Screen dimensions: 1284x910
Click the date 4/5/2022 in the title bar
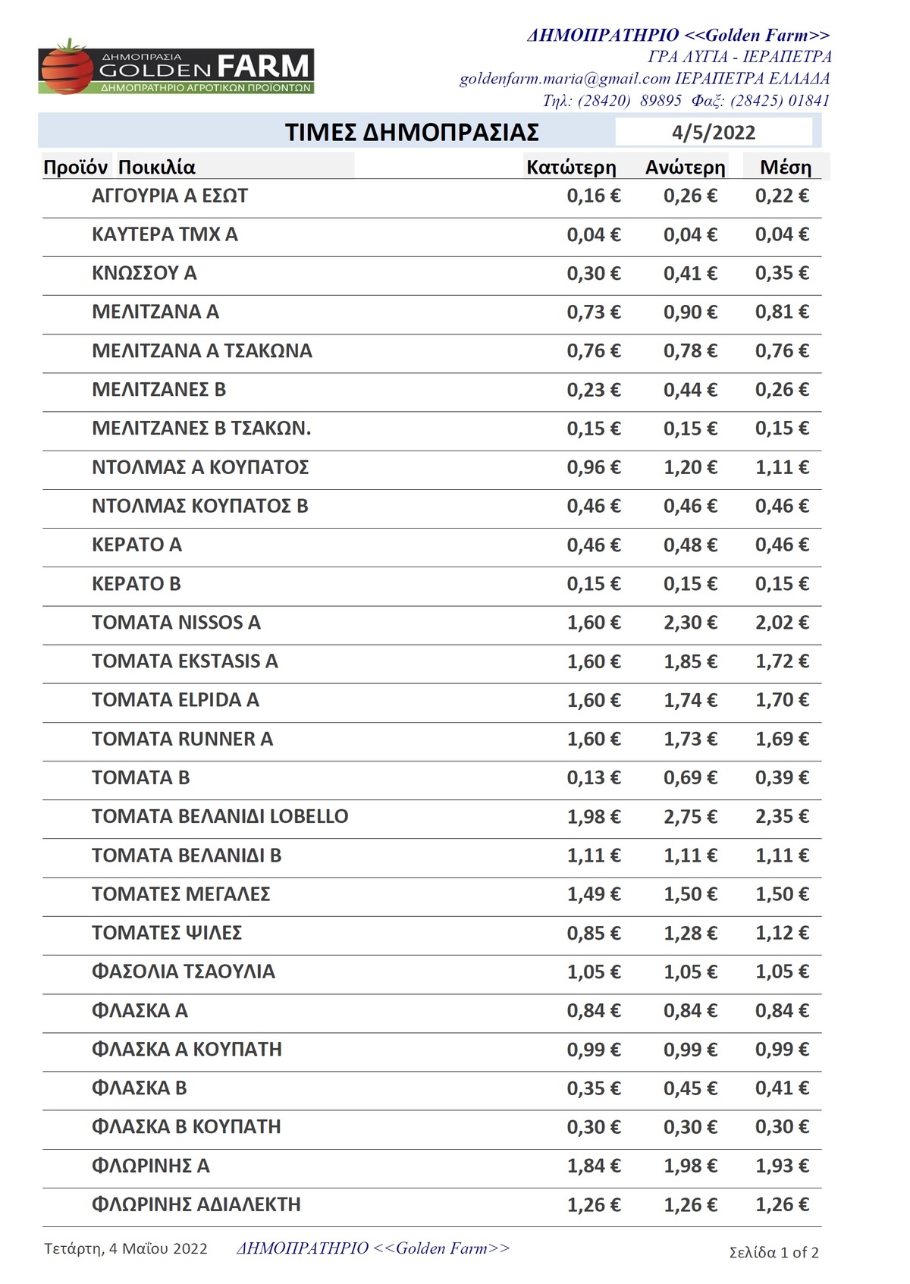click(713, 133)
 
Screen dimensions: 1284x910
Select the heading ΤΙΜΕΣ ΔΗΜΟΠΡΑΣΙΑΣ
click(412, 133)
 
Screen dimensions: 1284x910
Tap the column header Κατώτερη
click(571, 168)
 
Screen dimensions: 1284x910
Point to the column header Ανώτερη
click(685, 168)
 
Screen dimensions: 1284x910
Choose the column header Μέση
click(785, 168)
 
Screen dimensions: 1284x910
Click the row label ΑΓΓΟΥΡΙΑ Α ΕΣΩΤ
click(170, 196)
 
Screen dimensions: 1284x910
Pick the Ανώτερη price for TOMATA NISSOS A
click(690, 623)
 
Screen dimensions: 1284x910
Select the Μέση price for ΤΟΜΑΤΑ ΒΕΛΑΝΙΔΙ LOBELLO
click(782, 817)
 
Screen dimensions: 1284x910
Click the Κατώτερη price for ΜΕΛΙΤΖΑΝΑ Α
click(594, 312)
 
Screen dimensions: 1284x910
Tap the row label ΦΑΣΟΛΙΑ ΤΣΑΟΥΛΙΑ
click(183, 972)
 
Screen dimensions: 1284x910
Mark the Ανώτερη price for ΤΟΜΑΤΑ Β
click(690, 778)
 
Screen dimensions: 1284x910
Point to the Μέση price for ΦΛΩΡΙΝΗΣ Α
click(782, 1166)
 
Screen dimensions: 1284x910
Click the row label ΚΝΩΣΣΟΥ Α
click(144, 274)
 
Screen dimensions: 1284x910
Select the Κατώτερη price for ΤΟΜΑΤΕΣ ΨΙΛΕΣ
click(594, 934)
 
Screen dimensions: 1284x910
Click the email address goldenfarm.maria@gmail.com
click(565, 79)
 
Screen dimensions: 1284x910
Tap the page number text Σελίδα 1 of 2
click(773, 1252)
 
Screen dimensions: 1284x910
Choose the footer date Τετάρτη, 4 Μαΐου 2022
click(126, 1248)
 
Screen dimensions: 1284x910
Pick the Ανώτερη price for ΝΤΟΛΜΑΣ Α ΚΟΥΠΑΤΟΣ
click(690, 468)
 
